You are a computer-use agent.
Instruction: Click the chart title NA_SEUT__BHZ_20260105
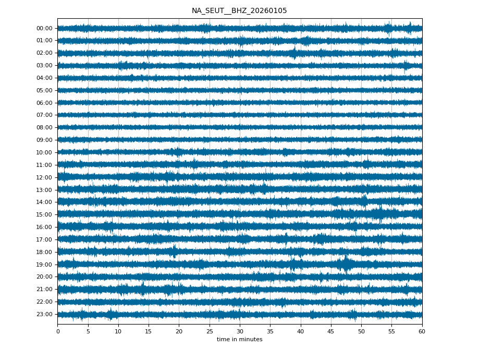pyautogui.click(x=239, y=10)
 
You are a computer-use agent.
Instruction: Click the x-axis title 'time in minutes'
pyautogui.click(x=239, y=340)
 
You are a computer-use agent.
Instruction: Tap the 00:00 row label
pyautogui.click(x=44, y=28)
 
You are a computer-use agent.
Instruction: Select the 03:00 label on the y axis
pyautogui.click(x=44, y=66)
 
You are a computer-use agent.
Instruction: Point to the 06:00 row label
pyautogui.click(x=44, y=103)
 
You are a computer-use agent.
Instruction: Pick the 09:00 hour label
pyautogui.click(x=44, y=140)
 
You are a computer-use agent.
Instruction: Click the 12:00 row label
pyautogui.click(x=44, y=177)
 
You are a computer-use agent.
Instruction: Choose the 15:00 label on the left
pyautogui.click(x=44, y=214)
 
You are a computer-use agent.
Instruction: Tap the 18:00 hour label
pyautogui.click(x=44, y=252)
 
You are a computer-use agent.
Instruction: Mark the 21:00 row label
pyautogui.click(x=44, y=289)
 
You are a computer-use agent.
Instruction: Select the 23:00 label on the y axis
pyautogui.click(x=44, y=314)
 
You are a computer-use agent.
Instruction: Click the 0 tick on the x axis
pyautogui.click(x=58, y=331)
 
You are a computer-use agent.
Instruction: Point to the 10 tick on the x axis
pyautogui.click(x=118, y=331)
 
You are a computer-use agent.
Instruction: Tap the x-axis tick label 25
pyautogui.click(x=210, y=331)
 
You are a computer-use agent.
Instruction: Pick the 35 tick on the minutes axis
pyautogui.click(x=270, y=331)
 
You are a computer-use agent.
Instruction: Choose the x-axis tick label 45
pyautogui.click(x=331, y=331)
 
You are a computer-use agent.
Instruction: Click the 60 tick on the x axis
pyautogui.click(x=422, y=331)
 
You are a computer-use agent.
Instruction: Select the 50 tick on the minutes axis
pyautogui.click(x=361, y=331)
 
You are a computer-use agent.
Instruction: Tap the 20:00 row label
pyautogui.click(x=44, y=277)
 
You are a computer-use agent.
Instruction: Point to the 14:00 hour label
pyautogui.click(x=44, y=202)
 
